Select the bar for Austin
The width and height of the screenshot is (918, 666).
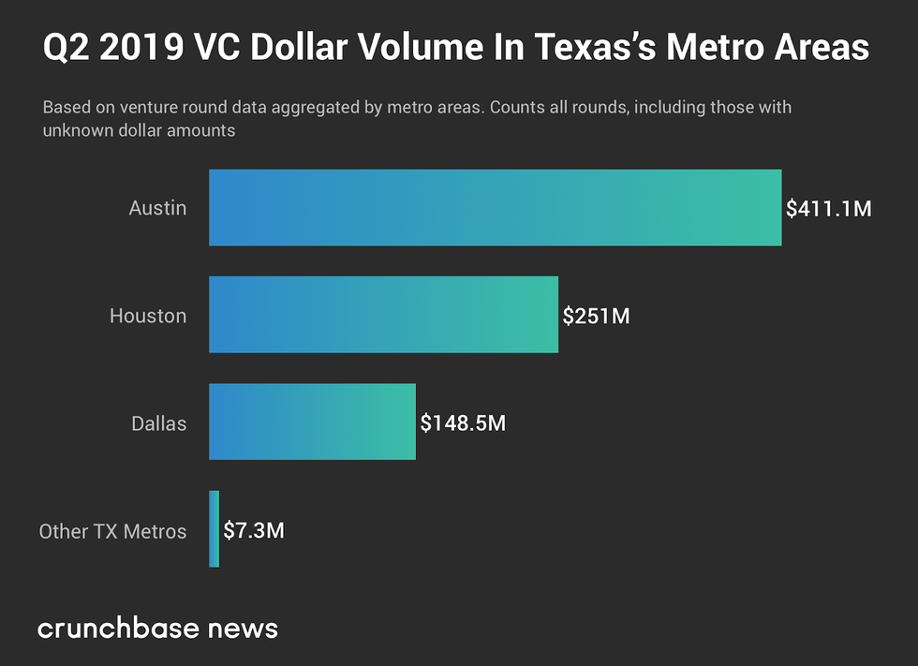tap(495, 208)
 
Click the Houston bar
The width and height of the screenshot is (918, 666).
tap(383, 315)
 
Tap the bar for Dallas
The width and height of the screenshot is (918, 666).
tap(312, 422)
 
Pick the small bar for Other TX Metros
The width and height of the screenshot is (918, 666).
tap(215, 529)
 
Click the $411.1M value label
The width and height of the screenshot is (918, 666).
tap(829, 208)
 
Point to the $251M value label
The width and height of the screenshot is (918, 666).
tap(596, 316)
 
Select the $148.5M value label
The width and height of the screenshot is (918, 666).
tap(463, 423)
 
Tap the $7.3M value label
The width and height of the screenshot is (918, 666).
tap(254, 530)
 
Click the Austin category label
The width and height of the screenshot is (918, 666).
tap(157, 208)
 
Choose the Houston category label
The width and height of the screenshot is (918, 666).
tap(148, 316)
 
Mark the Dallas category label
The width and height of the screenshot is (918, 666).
tap(158, 423)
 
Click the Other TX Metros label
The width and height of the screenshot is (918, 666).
tap(112, 531)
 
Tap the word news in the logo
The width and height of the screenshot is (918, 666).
tap(243, 628)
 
